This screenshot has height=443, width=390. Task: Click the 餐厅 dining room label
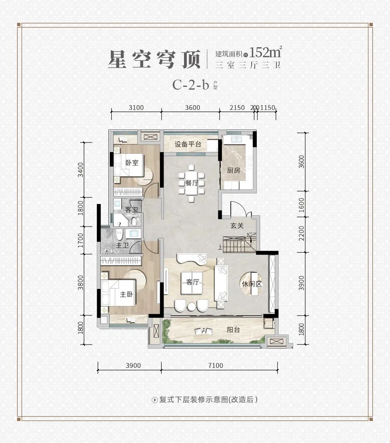(x=192, y=183)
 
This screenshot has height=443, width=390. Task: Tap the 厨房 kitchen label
(x=234, y=170)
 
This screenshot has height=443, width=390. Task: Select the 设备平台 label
(x=188, y=144)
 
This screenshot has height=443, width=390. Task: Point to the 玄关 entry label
(x=237, y=225)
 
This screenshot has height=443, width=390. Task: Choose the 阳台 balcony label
(x=233, y=329)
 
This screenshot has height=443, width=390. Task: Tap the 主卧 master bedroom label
(x=126, y=295)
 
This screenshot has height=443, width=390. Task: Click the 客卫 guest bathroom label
(x=132, y=210)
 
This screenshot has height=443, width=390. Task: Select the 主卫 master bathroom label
(x=122, y=246)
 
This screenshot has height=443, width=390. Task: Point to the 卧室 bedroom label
(x=132, y=162)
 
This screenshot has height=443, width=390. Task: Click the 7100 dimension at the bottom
(x=216, y=365)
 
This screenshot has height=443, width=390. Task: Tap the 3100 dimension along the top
(x=136, y=108)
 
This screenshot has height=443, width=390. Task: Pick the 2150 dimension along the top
(x=237, y=108)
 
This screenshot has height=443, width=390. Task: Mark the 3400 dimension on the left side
(x=81, y=170)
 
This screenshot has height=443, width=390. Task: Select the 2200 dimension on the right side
(x=301, y=233)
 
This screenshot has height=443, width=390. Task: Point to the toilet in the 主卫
(x=120, y=235)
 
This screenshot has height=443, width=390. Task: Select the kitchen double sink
(x=236, y=139)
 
